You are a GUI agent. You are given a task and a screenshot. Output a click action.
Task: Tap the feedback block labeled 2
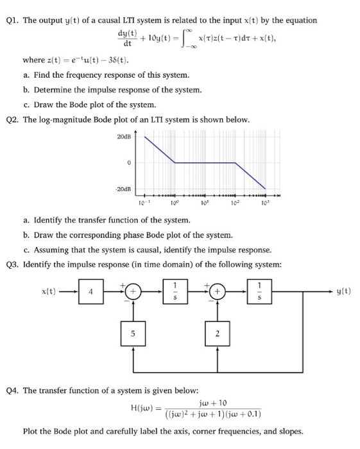(219, 334)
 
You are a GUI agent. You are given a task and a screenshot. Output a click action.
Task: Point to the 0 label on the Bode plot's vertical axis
(129, 163)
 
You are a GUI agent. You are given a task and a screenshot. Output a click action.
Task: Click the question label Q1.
(12, 21)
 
